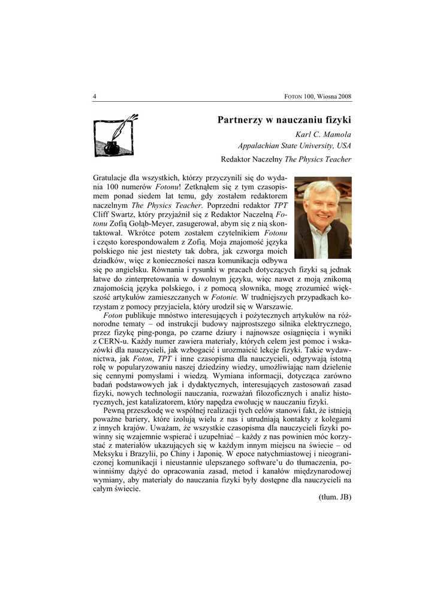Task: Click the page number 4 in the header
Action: click(x=95, y=96)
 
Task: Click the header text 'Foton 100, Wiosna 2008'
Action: click(x=317, y=96)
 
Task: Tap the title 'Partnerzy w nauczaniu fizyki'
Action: click(x=284, y=120)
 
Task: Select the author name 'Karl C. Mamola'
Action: click(x=324, y=134)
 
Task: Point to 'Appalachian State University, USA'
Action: click(x=294, y=145)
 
